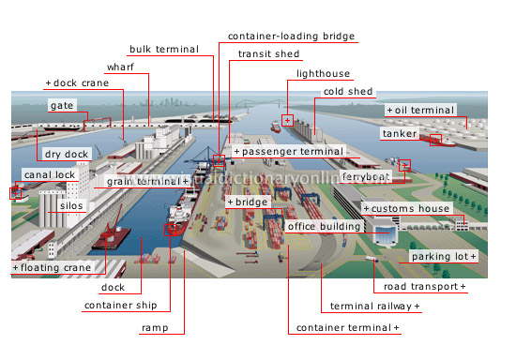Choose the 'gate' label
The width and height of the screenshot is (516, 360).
[62, 106]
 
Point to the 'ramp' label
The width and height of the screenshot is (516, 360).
[155, 328]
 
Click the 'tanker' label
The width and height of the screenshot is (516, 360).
[399, 133]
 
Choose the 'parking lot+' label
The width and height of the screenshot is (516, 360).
[444, 256]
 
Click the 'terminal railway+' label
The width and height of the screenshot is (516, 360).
[374, 307]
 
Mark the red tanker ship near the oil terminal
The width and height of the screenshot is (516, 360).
[434, 141]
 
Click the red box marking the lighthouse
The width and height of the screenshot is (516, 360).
[288, 119]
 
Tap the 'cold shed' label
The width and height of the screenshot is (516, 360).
[348, 92]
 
